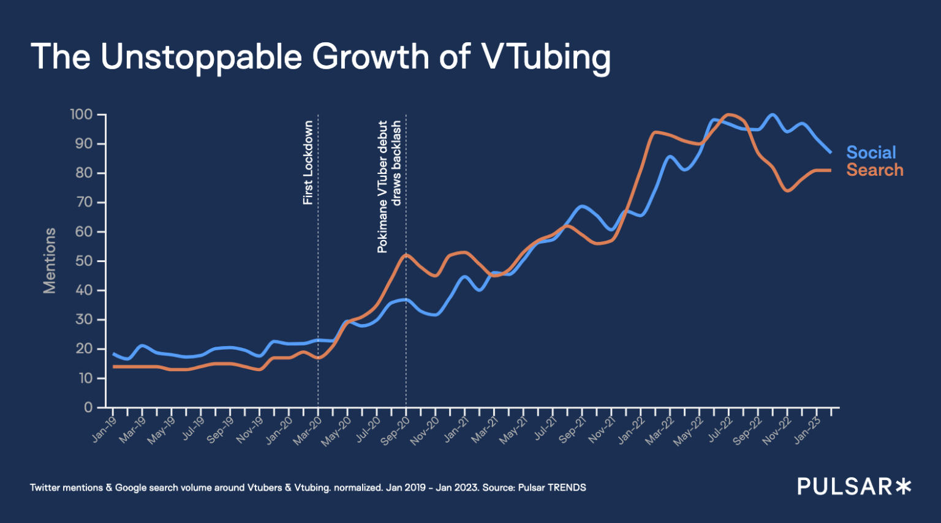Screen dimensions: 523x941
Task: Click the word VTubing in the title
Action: [x=546, y=57]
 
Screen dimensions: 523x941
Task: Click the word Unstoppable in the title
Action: [x=202, y=57]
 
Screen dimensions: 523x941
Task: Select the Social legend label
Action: [x=871, y=152]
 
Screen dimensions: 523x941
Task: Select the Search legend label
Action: [x=874, y=170]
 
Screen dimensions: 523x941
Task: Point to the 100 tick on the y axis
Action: [x=81, y=115]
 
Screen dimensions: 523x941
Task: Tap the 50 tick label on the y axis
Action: [x=84, y=261]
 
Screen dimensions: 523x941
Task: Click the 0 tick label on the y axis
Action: [x=88, y=407]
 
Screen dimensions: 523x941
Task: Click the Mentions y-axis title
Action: [x=50, y=261]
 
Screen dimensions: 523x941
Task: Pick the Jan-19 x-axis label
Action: [x=104, y=429]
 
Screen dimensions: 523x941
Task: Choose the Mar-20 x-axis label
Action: [x=308, y=430]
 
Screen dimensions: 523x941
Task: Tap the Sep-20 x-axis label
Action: [x=395, y=430]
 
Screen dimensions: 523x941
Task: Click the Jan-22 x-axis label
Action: [x=630, y=430]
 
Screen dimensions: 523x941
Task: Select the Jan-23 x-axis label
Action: [x=807, y=430]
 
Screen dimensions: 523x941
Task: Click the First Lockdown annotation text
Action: [x=308, y=162]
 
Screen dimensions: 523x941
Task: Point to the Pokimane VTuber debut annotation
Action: [x=383, y=186]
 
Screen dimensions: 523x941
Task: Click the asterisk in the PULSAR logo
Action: [x=903, y=487]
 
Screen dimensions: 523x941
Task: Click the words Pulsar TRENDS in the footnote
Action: [x=552, y=487]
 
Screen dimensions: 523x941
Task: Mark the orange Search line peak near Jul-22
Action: [x=729, y=115]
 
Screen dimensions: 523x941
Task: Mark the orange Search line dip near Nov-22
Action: [x=788, y=191]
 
